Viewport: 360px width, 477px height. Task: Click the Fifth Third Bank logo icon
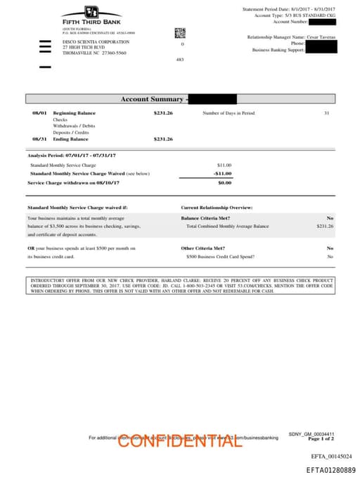tap(91, 12)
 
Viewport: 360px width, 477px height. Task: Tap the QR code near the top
tap(180, 32)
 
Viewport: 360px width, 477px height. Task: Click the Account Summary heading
tap(152, 99)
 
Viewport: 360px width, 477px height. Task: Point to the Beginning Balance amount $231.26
tap(163, 113)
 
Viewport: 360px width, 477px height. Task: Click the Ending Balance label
tap(70, 139)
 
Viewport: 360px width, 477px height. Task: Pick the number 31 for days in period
tap(326, 113)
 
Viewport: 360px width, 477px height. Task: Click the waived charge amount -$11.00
tap(222, 173)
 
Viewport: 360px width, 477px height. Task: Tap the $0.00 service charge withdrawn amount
tap(224, 182)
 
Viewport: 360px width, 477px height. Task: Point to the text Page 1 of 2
tap(321, 438)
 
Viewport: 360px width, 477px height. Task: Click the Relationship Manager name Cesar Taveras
tap(321, 36)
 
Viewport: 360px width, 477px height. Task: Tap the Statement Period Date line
tap(288, 8)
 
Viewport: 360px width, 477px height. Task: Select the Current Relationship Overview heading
tap(217, 208)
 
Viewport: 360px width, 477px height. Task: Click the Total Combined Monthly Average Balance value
tap(324, 227)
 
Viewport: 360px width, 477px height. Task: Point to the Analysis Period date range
tap(72, 155)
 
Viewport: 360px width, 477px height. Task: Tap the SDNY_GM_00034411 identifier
tap(311, 433)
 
